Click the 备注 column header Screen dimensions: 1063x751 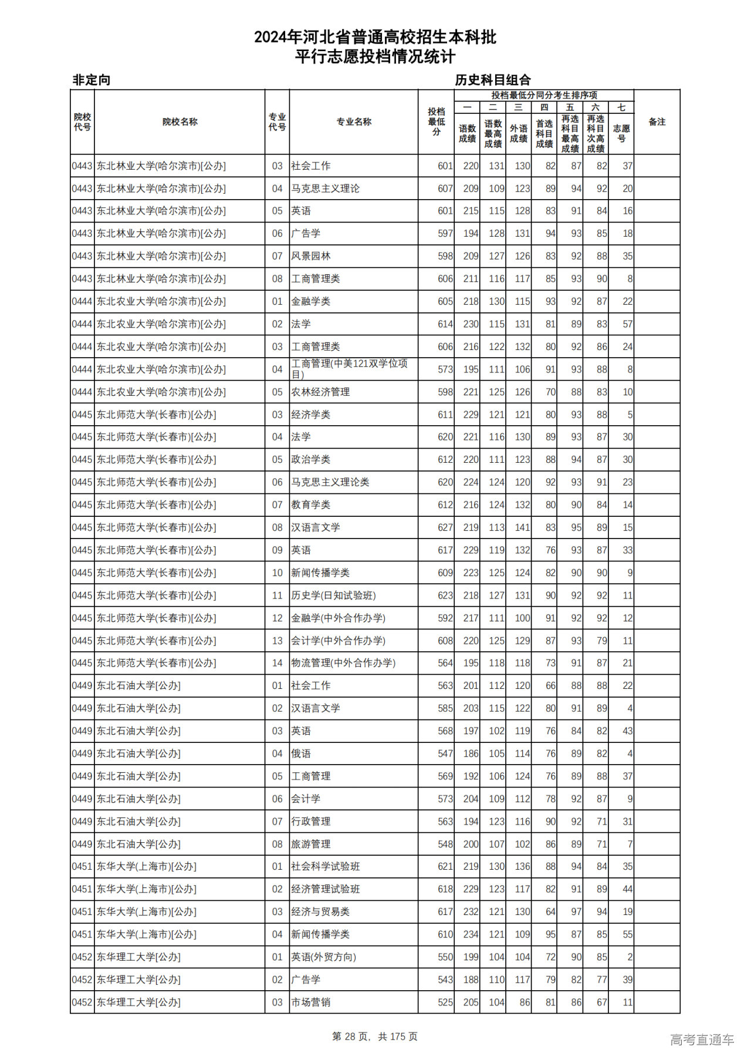click(x=657, y=122)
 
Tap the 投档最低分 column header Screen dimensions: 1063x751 click(x=436, y=122)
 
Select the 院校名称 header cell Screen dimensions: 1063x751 click(x=180, y=122)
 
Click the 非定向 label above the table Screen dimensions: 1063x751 click(x=92, y=80)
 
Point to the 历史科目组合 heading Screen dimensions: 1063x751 click(x=493, y=80)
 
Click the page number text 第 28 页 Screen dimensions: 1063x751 click(x=351, y=1037)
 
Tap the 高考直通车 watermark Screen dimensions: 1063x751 click(x=702, y=1040)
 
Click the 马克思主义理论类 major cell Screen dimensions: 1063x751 click(x=330, y=482)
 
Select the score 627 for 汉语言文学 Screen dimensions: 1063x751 click(x=445, y=527)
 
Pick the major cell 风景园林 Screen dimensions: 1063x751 click(x=311, y=256)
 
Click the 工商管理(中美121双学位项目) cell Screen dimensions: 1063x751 click(x=349, y=369)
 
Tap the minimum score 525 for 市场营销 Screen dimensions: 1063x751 click(x=445, y=1003)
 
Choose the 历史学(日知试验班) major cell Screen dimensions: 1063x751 click(x=333, y=596)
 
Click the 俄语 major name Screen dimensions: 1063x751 click(x=301, y=753)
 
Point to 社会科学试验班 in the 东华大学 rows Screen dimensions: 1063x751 click(x=326, y=866)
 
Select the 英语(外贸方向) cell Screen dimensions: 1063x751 click(x=323, y=957)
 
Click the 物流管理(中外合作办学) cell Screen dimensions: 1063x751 click(x=343, y=663)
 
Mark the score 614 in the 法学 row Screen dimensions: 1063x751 click(x=445, y=324)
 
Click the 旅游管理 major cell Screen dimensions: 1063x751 click(x=311, y=844)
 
